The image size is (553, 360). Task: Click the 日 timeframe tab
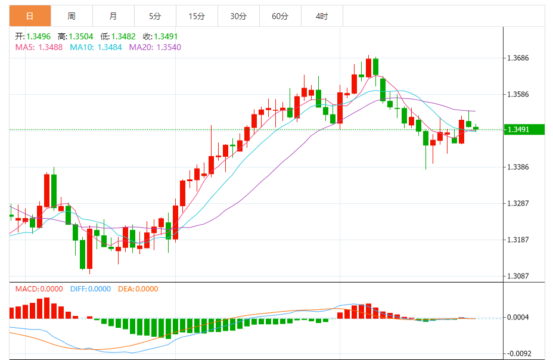(30, 16)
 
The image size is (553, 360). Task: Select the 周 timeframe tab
(72, 16)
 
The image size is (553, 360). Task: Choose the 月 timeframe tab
(113, 16)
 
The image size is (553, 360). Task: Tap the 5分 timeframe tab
(155, 16)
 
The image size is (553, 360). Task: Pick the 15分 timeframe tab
(197, 16)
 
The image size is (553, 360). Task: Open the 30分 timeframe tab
(238, 16)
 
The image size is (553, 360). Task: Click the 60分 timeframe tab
(280, 16)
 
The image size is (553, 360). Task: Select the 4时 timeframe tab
(322, 16)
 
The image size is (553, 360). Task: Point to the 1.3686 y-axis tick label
(518, 58)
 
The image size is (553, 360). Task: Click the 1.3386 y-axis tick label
(518, 167)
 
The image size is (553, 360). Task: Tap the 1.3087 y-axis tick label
(518, 276)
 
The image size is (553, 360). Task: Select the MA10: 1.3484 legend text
(96, 47)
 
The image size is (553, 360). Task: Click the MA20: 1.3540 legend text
(155, 47)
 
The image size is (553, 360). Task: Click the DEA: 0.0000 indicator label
(138, 289)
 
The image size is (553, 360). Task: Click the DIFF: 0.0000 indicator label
(91, 289)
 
